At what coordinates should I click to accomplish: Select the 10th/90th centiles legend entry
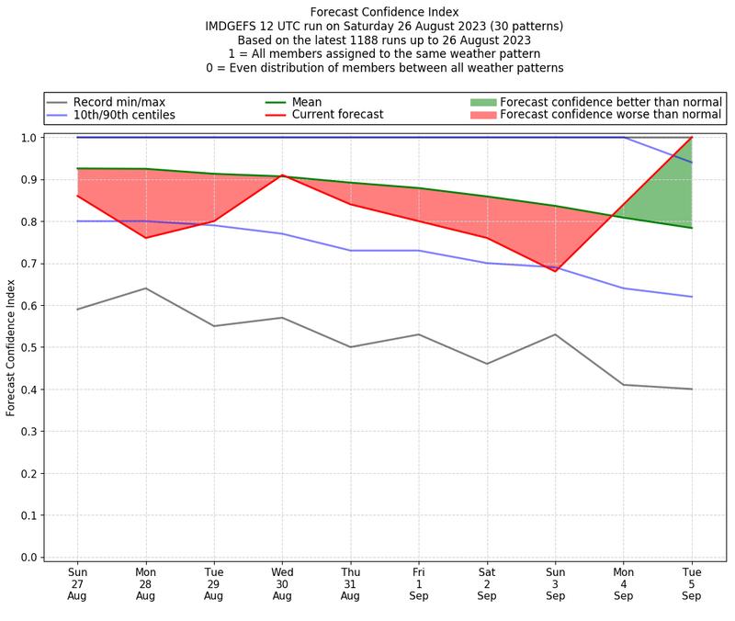coord(124,115)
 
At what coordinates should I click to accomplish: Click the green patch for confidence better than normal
coord(482,102)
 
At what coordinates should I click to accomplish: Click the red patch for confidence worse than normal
coord(482,115)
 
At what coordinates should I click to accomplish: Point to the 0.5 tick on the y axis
coord(34,347)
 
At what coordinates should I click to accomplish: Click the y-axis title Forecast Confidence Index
coord(11,347)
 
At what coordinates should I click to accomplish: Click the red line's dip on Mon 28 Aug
coord(145,238)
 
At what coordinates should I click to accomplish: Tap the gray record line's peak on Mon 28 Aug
coord(145,288)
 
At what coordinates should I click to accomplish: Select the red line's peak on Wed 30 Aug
coord(282,175)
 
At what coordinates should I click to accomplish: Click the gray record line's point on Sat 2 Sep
coord(487,364)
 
